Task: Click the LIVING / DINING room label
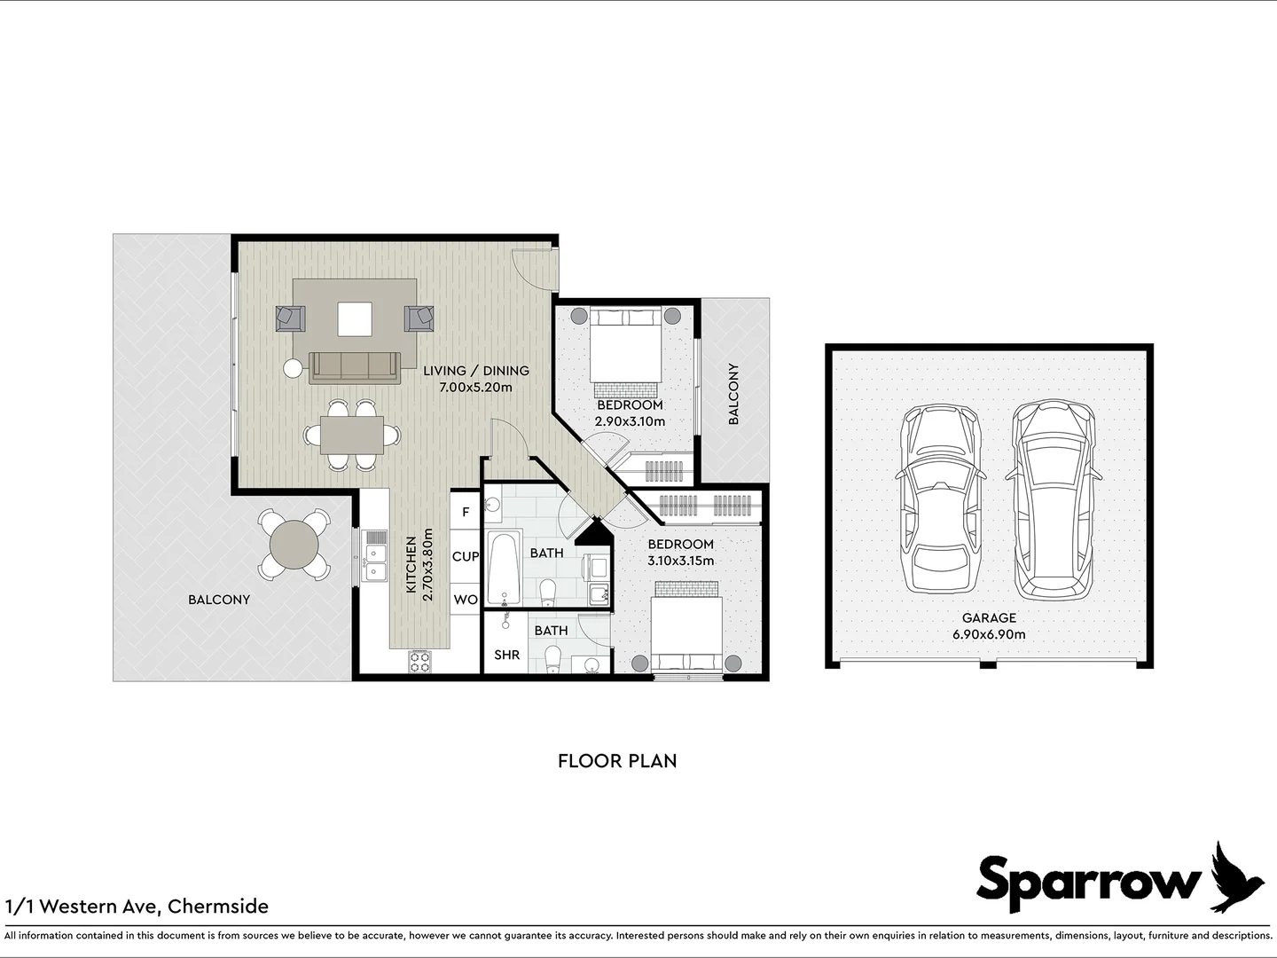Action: pyautogui.click(x=475, y=371)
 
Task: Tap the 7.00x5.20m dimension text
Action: pyautogui.click(x=475, y=387)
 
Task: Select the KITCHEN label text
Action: pyautogui.click(x=411, y=566)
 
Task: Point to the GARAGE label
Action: pyautogui.click(x=989, y=618)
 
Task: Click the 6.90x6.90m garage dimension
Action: pyautogui.click(x=989, y=634)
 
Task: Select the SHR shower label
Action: pyautogui.click(x=506, y=656)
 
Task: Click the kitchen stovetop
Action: pyautogui.click(x=419, y=661)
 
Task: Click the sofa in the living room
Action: pyautogui.click(x=353, y=366)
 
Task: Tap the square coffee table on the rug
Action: pyautogui.click(x=354, y=319)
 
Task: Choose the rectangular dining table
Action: pyautogui.click(x=353, y=435)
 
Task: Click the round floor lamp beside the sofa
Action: pyautogui.click(x=292, y=367)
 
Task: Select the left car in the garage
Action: pyautogui.click(x=941, y=501)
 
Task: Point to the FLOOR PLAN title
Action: pyautogui.click(x=617, y=761)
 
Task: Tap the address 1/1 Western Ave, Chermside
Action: pyautogui.click(x=137, y=907)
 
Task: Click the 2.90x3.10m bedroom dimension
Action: pyautogui.click(x=630, y=421)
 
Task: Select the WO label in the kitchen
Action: pyautogui.click(x=466, y=600)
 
